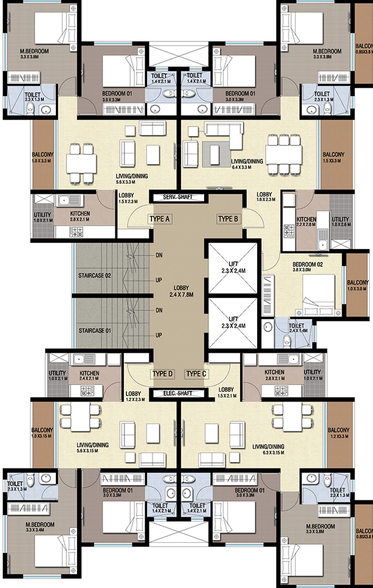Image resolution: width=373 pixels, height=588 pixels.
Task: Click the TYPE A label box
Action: pyautogui.click(x=160, y=219)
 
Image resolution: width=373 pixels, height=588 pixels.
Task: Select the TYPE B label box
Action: pyautogui.click(x=228, y=219)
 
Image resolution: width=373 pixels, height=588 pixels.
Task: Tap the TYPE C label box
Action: pyautogui.click(x=196, y=374)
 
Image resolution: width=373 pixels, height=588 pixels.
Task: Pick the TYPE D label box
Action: pyautogui.click(x=162, y=374)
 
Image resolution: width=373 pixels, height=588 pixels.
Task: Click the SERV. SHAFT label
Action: pyautogui.click(x=178, y=197)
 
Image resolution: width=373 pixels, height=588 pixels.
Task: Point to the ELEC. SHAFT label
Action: pyautogui.click(x=178, y=393)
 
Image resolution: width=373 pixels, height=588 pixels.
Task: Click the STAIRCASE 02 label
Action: pyautogui.click(x=95, y=276)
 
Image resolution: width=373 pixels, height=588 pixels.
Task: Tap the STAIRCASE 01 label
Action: pyautogui.click(x=95, y=331)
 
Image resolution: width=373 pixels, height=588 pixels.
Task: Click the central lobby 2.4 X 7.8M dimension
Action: pyautogui.click(x=181, y=295)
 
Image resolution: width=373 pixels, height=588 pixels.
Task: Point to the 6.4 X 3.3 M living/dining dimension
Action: pyautogui.click(x=242, y=167)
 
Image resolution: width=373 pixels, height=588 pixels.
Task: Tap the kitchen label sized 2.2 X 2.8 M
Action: pyautogui.click(x=306, y=222)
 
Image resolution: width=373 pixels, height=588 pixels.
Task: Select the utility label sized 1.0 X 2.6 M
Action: pyautogui.click(x=341, y=222)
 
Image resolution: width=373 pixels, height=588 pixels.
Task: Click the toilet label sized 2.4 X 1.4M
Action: pyautogui.click(x=298, y=328)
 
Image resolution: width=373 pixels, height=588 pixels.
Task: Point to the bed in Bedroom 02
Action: pyautogui.click(x=318, y=295)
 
